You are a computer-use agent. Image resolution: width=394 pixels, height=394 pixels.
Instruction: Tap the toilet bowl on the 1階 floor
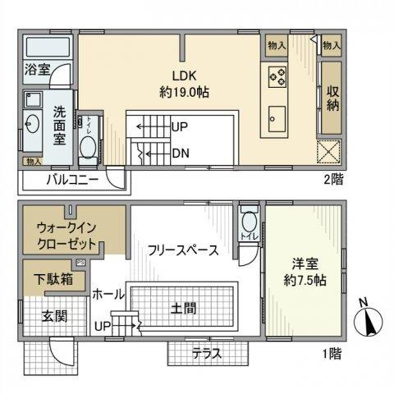point(248,222)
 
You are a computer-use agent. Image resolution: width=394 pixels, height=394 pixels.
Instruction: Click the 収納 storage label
point(332,98)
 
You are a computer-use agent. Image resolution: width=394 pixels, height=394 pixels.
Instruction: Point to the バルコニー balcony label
point(72,180)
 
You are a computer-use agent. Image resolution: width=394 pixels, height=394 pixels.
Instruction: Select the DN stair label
point(182,152)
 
